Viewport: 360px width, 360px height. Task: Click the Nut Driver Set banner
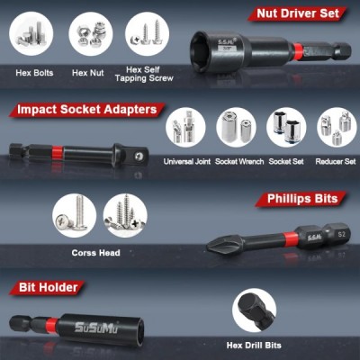297,13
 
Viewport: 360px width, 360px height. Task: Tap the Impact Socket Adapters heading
87,110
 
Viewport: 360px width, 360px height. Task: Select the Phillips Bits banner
301,199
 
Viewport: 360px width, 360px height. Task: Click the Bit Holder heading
48,287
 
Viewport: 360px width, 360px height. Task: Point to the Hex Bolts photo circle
31,33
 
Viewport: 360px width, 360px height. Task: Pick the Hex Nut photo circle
90,34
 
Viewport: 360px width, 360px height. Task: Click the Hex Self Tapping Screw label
144,74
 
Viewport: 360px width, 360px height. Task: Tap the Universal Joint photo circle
185,127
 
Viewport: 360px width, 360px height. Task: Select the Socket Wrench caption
239,162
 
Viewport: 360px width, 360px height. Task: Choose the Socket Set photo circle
286,127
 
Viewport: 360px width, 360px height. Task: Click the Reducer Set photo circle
337,127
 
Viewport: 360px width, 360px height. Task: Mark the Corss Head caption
95,253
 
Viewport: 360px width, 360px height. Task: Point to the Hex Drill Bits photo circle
254,312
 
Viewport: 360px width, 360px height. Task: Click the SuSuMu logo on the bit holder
96,328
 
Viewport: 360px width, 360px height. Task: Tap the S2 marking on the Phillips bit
342,235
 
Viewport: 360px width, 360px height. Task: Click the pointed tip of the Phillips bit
208,247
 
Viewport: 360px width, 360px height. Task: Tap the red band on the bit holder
51,326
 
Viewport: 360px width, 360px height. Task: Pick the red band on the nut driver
297,50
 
